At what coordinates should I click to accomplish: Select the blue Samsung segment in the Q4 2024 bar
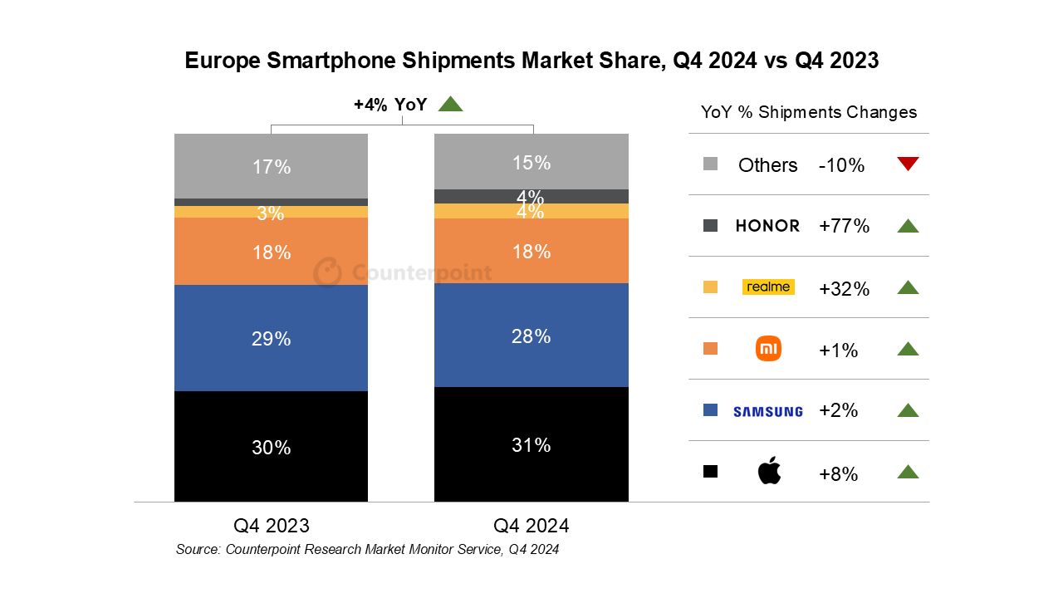531,357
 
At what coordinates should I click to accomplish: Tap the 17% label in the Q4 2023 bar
272,167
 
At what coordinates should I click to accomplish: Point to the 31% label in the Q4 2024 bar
531,445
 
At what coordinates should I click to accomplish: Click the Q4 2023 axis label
272,526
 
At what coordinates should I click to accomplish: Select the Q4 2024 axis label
531,526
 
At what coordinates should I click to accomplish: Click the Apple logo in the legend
769,472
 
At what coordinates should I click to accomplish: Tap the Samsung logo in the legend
768,411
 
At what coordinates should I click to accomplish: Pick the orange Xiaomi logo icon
769,350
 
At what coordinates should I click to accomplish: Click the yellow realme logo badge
768,287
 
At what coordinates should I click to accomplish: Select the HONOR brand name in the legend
768,226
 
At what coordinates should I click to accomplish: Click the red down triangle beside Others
908,164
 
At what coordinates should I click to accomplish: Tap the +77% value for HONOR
844,226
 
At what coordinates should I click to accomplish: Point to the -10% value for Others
841,165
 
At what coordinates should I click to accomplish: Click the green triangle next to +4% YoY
450,104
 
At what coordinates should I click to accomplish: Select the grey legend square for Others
710,164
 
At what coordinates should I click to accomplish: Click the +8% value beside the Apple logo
838,474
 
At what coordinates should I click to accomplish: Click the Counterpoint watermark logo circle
328,272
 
